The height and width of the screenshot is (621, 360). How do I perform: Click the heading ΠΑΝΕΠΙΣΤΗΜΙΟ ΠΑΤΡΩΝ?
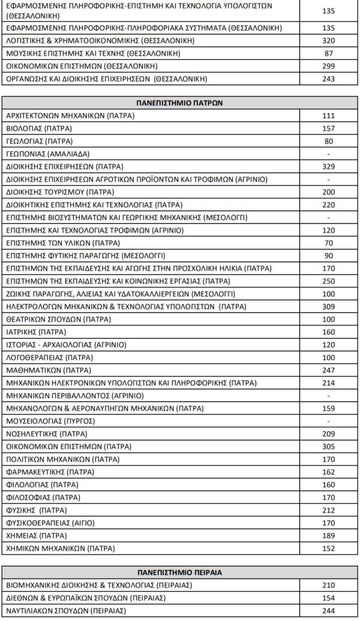pos(179,103)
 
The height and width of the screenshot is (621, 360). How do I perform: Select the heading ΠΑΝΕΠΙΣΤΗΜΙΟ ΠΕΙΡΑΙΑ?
pos(179,572)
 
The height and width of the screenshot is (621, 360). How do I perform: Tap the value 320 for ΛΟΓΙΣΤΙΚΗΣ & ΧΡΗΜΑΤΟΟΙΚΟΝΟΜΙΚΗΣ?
pos(328,41)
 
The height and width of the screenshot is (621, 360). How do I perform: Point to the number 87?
pos(328,53)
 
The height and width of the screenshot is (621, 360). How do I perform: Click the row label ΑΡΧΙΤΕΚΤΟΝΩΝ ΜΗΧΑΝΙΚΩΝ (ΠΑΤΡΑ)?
pos(70,115)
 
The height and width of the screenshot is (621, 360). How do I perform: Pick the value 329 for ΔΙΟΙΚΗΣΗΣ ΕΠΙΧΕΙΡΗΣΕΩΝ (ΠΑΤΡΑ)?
pos(328,166)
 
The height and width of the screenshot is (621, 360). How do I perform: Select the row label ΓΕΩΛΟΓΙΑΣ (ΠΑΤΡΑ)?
pos(39,141)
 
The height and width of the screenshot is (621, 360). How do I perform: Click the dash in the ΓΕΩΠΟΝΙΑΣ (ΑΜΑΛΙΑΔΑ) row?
pos(328,154)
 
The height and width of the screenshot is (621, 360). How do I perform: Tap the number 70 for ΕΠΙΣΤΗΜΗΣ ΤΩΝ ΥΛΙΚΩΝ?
pos(328,243)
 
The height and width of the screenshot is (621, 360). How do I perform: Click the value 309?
pos(328,307)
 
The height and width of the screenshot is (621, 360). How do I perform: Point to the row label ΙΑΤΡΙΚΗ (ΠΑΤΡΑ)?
pos(35,332)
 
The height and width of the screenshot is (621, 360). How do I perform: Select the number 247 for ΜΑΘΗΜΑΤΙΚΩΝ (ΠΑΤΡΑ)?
pos(328,370)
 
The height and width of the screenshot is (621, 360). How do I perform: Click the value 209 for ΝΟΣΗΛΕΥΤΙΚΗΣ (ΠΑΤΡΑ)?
pos(328,434)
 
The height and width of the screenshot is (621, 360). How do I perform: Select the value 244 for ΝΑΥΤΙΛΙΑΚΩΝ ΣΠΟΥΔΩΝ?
pos(328,611)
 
